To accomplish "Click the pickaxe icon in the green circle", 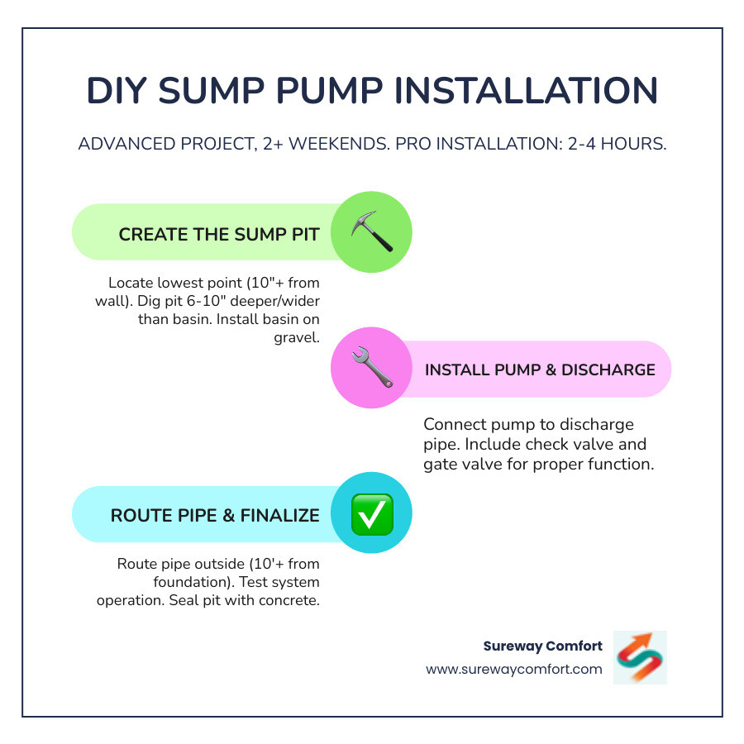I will click(371, 232).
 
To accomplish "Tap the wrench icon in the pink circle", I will click(371, 369).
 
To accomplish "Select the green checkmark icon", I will click(371, 514).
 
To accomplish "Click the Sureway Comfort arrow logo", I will click(640, 657).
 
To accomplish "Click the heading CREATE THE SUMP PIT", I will click(218, 234).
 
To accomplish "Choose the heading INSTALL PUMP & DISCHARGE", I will click(540, 370).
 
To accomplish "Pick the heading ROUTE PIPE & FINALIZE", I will click(215, 515).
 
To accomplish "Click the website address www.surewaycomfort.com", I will click(514, 669).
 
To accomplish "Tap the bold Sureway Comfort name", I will click(542, 646).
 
